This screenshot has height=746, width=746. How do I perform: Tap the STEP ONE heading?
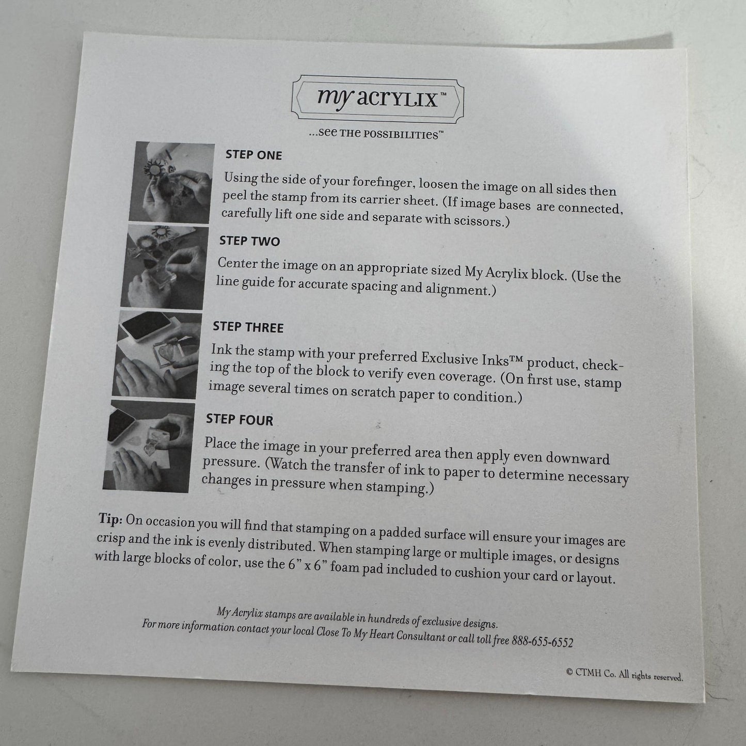253,155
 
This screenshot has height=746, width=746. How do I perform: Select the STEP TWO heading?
249,241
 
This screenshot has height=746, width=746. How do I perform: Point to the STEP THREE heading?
248,327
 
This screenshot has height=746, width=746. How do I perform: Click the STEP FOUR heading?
239,420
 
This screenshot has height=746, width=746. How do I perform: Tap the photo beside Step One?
171,182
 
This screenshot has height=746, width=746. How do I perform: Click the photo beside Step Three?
156,355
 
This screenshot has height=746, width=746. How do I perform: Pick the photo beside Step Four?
149,446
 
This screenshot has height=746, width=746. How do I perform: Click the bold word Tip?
110,519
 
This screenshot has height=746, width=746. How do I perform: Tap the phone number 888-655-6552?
543,641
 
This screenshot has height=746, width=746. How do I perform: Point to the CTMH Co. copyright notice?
625,675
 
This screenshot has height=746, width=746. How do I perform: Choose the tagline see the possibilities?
376,134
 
